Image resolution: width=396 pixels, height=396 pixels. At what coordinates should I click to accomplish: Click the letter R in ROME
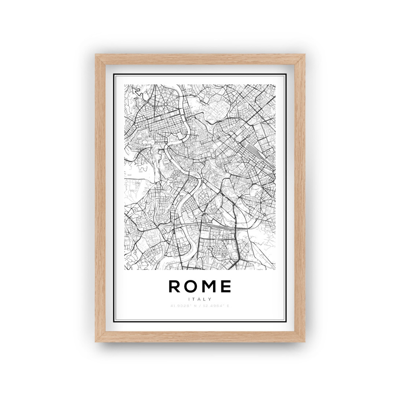click(x=174, y=286)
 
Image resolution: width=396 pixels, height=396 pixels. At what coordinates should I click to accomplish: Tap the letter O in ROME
click(x=191, y=286)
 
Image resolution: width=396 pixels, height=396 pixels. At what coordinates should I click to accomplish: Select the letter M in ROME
click(x=209, y=286)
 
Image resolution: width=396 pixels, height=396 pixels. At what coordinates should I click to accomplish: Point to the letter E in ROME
click(x=226, y=286)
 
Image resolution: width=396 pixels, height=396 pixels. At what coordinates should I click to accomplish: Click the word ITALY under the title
click(x=200, y=299)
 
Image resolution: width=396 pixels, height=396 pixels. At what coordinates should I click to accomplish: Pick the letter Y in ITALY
click(x=210, y=299)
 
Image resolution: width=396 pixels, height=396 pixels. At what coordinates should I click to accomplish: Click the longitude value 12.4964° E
click(x=216, y=306)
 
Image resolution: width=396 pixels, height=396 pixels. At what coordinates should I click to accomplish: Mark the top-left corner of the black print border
click(x=113, y=74)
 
